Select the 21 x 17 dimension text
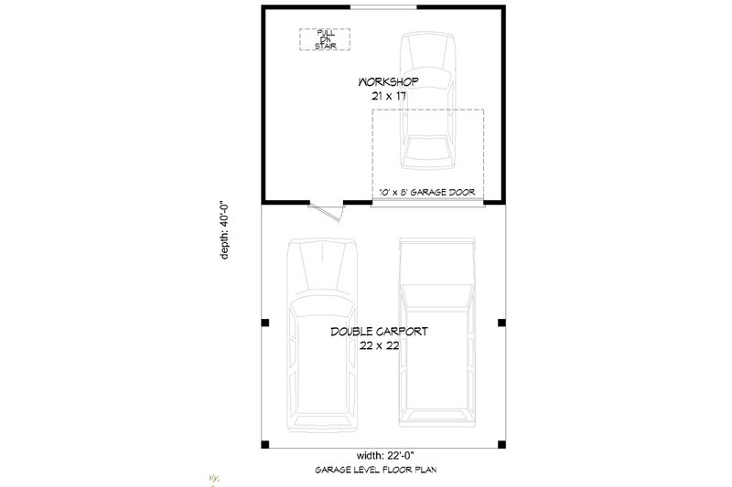click(388, 96)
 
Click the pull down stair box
click(325, 38)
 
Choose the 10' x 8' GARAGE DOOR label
click(428, 193)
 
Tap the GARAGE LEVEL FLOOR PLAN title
click(382, 471)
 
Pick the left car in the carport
click(320, 338)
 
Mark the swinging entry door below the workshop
click(327, 209)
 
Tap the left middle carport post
click(264, 323)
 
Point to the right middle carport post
click(500, 323)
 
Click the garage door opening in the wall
click(428, 202)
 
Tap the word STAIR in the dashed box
click(325, 45)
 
